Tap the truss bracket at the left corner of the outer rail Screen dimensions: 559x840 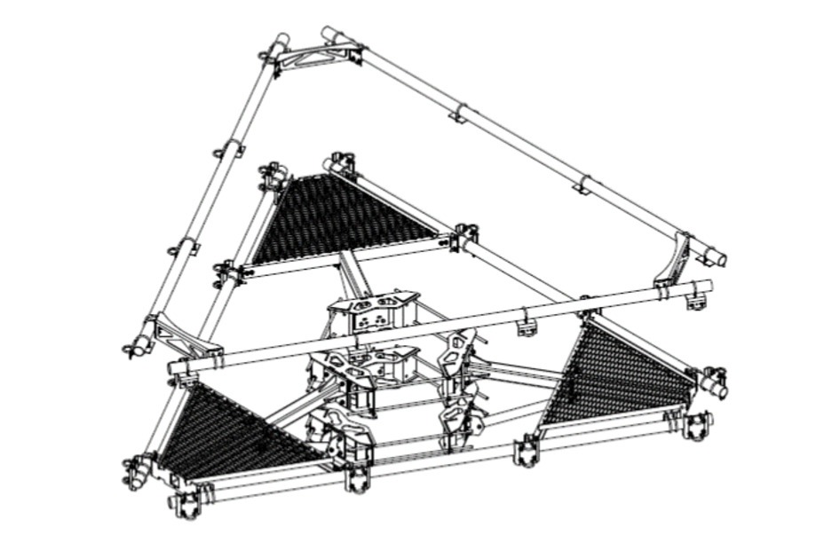pyautogui.click(x=182, y=336)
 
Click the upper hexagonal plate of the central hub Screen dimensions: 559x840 pyautogui.click(x=373, y=306)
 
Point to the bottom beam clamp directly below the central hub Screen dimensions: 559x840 pyautogui.click(x=358, y=479)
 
